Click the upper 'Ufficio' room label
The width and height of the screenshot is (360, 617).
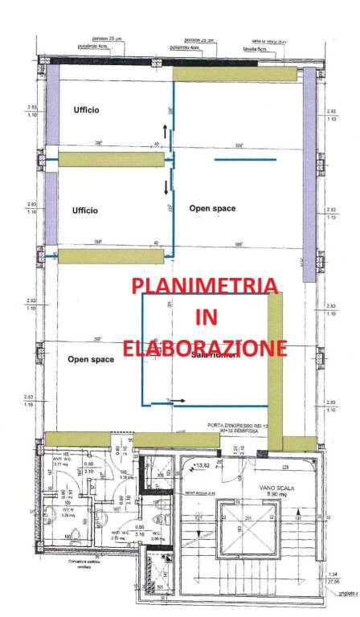pyautogui.click(x=86, y=110)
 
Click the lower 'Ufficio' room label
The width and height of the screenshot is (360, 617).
pyautogui.click(x=85, y=210)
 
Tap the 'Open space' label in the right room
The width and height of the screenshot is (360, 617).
pyautogui.click(x=212, y=209)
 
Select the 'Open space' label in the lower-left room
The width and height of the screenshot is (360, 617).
pyautogui.click(x=91, y=359)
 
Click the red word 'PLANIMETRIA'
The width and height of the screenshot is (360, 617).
pyautogui.click(x=205, y=286)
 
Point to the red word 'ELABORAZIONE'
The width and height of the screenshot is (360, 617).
pyautogui.click(x=205, y=348)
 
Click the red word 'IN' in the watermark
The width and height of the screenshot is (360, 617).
pyautogui.click(x=206, y=317)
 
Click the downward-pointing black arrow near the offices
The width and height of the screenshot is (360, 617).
pyautogui.click(x=166, y=188)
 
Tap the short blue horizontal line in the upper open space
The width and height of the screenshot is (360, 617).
pyautogui.click(x=245, y=159)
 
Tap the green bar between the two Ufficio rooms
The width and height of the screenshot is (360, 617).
pyautogui.click(x=111, y=160)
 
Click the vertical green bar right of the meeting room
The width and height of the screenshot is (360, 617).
pyautogui.click(x=275, y=370)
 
